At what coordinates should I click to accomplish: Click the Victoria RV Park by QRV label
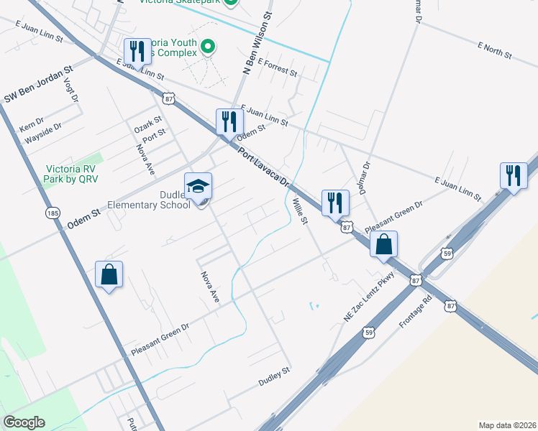click(70, 173)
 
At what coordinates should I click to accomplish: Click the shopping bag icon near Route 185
click(109, 274)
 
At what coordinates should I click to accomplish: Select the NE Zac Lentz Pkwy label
click(370, 297)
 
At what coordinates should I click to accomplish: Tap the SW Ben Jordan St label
click(40, 85)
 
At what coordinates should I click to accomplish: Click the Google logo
click(24, 422)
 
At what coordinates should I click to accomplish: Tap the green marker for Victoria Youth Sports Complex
click(209, 48)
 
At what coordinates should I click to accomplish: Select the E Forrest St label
click(278, 67)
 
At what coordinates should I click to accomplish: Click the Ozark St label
click(148, 124)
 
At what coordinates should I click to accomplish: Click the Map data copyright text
click(506, 425)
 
